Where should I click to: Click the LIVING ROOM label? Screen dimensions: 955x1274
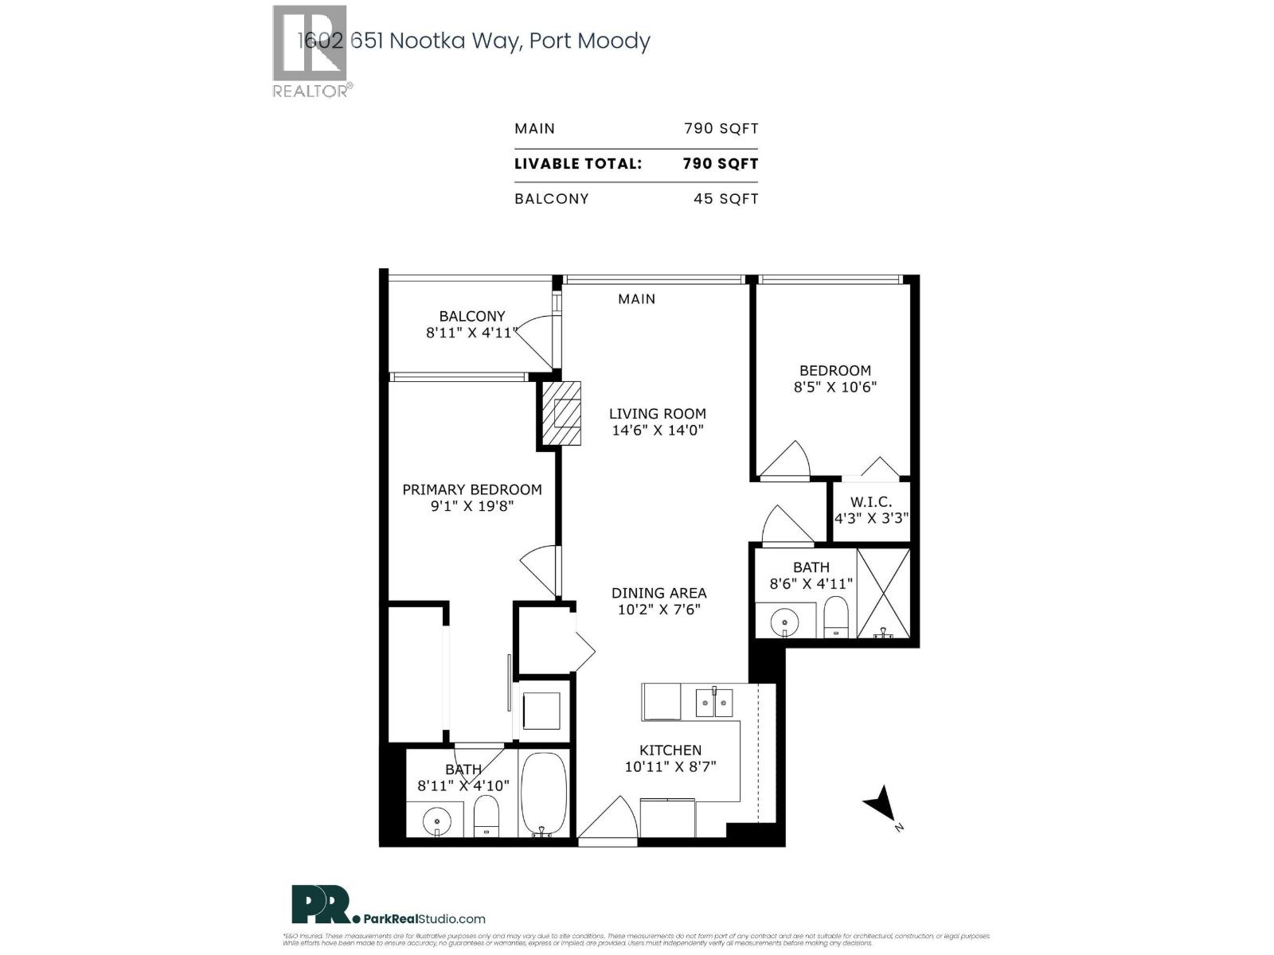pyautogui.click(x=657, y=414)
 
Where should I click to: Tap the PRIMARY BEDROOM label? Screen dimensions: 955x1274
pyautogui.click(x=471, y=489)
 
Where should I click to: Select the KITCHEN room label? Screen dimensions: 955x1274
pyautogui.click(x=670, y=750)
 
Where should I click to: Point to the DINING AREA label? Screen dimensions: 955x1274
pyautogui.click(x=658, y=593)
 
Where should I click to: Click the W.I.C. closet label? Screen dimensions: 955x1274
pyautogui.click(x=870, y=502)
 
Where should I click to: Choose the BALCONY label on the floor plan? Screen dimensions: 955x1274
pyautogui.click(x=472, y=316)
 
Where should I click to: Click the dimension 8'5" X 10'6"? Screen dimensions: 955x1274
pyautogui.click(x=835, y=388)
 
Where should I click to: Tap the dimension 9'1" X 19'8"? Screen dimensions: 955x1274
pyautogui.click(x=471, y=506)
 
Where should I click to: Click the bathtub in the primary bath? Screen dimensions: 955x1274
pyautogui.click(x=544, y=793)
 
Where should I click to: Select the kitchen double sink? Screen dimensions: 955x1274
pyautogui.click(x=713, y=702)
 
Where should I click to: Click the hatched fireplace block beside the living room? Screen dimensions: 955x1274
pyautogui.click(x=561, y=413)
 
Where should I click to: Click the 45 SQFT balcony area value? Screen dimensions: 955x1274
pyautogui.click(x=725, y=199)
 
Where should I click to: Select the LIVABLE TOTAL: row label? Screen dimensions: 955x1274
pyautogui.click(x=578, y=164)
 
